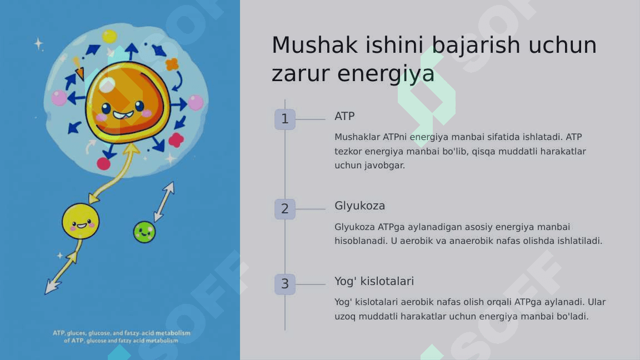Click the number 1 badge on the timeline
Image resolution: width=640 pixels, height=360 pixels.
tap(285, 119)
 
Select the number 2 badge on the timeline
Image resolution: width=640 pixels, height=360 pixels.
tap(285, 209)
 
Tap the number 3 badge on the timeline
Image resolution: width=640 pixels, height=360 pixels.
tap(285, 284)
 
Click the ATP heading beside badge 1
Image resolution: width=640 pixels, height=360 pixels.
tap(344, 116)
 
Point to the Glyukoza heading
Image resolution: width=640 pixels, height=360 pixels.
tap(359, 206)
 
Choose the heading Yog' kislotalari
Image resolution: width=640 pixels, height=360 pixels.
tap(374, 281)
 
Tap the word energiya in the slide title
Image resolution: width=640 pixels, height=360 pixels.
tap(386, 74)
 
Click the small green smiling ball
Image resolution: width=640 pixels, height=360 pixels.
tap(144, 232)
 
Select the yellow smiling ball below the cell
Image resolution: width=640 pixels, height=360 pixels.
tap(81, 221)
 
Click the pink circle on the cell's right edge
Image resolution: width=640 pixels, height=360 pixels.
tap(196, 103)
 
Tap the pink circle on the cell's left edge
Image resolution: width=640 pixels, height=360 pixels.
tap(59, 98)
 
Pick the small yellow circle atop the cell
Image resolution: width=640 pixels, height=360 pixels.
tap(109, 37)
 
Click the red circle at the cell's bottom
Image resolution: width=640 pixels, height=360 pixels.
tap(104, 164)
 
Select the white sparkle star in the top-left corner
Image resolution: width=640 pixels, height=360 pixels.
tap(38, 43)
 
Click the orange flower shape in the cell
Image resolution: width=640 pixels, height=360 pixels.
tap(172, 64)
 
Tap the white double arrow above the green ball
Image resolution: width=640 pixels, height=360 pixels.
tap(164, 202)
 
